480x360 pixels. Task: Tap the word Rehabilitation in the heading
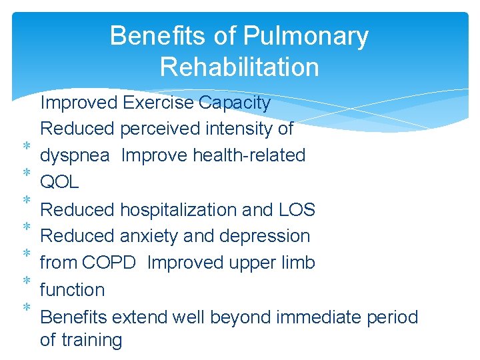point(239,67)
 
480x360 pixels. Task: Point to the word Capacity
point(235,103)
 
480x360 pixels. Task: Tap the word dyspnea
point(75,156)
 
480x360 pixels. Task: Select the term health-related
point(249,155)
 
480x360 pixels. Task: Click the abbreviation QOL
point(59,182)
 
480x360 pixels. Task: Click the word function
point(72,290)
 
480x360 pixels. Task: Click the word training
point(91,340)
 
